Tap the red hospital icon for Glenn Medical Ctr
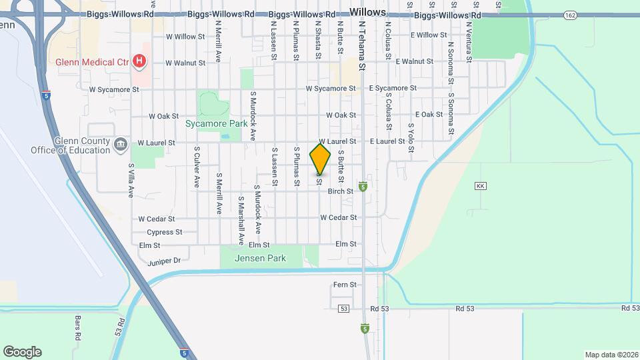139,62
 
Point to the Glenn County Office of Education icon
121,143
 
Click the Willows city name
367,12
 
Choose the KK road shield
480,185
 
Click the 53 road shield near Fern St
343,309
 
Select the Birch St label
340,191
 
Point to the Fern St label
345,285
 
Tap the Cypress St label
164,232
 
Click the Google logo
22,352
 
